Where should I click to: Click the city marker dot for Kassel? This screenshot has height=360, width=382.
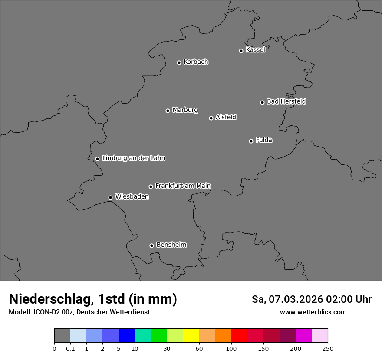click(x=241, y=51)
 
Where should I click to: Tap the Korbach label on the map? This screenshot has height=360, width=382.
click(x=196, y=62)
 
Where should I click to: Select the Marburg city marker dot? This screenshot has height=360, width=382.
click(x=168, y=111)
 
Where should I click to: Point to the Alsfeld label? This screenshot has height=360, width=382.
click(x=226, y=117)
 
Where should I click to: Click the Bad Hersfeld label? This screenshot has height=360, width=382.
click(x=286, y=101)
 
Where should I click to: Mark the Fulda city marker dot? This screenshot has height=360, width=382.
click(x=251, y=141)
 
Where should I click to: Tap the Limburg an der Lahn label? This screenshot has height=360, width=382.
click(x=133, y=158)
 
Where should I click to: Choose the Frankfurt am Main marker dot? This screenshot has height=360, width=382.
click(x=151, y=187)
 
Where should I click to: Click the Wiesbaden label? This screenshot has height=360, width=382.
click(x=132, y=196)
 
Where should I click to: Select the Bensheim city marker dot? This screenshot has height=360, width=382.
click(x=151, y=245)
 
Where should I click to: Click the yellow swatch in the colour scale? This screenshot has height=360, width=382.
click(x=191, y=336)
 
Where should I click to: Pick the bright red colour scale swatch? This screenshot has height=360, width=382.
click(x=239, y=336)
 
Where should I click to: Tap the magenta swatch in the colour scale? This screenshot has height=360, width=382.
click(x=303, y=336)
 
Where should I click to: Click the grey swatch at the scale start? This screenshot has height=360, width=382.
click(x=62, y=336)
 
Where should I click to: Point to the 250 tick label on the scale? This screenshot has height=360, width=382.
click(x=328, y=349)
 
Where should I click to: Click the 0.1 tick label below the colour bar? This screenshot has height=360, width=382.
click(x=70, y=349)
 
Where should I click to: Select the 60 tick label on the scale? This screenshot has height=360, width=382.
click(x=199, y=349)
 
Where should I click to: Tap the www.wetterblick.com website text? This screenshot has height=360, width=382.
click(x=313, y=312)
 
